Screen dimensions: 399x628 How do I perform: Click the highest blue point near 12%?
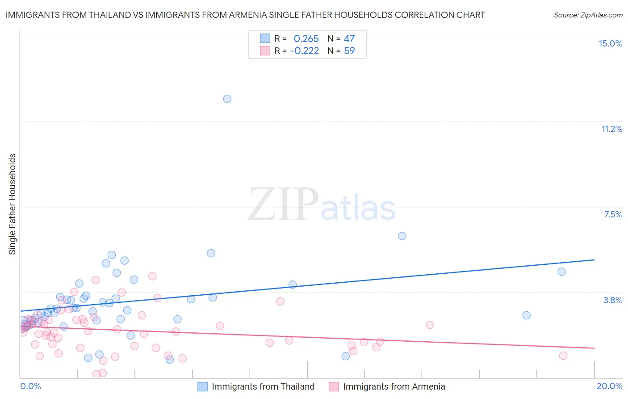tap(227, 99)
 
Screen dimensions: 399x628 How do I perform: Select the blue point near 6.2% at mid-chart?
tap(402, 236)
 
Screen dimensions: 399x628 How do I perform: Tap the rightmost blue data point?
tap(561, 272)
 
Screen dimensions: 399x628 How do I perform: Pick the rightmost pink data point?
tap(563, 355)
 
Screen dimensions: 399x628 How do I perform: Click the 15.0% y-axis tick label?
tap(610, 43)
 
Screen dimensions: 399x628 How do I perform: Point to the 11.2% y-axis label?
tap(611, 129)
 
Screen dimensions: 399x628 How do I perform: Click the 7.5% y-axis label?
tap(613, 214)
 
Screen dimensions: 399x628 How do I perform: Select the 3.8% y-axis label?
tap(613, 300)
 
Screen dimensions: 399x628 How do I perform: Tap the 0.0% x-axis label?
tap(30, 386)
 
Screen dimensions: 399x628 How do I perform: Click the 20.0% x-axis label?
tap(609, 386)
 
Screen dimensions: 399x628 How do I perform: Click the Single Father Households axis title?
tap(13, 204)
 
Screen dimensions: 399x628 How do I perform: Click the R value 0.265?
tap(306, 38)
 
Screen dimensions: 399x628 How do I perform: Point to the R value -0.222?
tap(304, 51)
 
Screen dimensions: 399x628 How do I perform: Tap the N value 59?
tap(349, 51)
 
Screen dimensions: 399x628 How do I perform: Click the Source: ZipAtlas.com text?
tap(588, 15)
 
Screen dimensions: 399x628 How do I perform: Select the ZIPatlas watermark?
tap(322, 205)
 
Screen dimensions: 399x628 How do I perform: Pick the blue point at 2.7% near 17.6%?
tap(526, 315)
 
